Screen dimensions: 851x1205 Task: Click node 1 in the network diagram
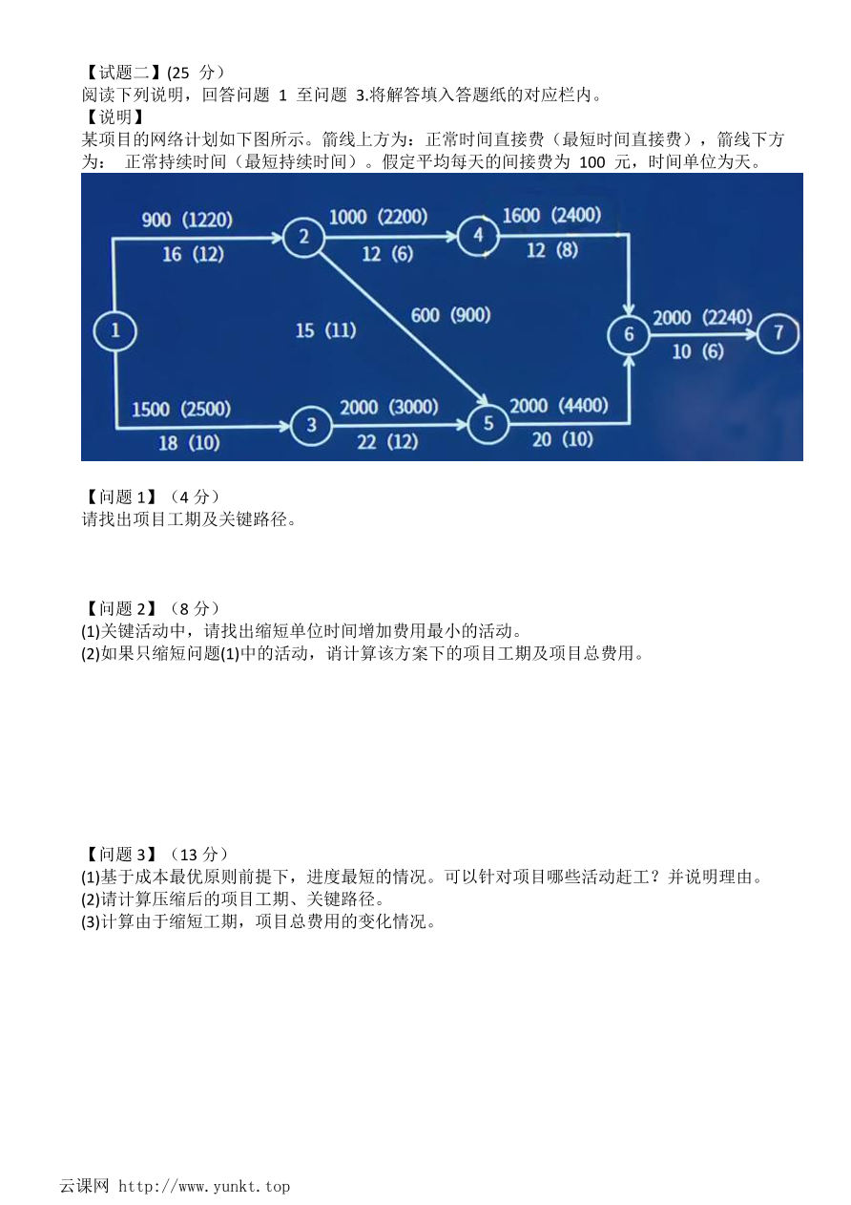[114, 330]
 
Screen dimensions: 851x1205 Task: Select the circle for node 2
[303, 237]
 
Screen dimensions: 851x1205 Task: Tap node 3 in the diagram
[311, 426]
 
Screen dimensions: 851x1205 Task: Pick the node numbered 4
[478, 236]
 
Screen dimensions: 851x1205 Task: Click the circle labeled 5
[488, 423]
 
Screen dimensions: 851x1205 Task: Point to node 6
[629, 334]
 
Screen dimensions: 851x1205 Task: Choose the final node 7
[778, 333]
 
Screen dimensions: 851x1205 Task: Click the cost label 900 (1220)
[187, 220]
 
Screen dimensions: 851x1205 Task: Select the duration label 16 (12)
[193, 254]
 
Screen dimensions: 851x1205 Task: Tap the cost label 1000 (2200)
[379, 217]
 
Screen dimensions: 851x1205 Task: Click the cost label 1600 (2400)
[551, 215]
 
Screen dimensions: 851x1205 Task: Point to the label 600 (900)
[450, 315]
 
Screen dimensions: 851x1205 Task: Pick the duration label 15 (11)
[325, 329]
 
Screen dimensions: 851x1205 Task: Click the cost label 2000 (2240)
[702, 317]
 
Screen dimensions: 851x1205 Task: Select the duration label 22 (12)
[387, 442]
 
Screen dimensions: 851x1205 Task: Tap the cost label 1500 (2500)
[181, 409]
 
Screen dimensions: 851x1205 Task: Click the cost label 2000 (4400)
[558, 405]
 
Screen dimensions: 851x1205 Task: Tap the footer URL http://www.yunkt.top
[204, 1186]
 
